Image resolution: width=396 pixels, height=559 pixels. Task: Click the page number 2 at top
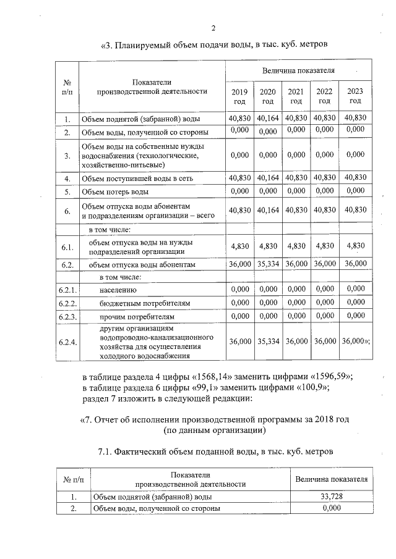coord(213,28)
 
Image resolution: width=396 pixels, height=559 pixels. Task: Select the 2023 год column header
coord(355,96)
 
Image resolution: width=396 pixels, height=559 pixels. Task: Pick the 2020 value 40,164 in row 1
coord(268,117)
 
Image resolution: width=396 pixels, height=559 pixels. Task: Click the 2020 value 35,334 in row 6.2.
coord(268,264)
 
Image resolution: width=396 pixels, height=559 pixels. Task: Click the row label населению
coord(118,290)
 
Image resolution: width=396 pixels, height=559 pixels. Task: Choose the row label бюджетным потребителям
coord(145,303)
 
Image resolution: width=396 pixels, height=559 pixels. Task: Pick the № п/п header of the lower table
coord(73,479)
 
